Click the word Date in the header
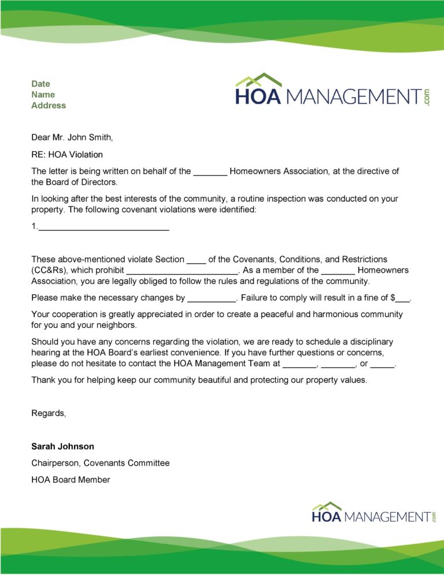40,84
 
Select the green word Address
49,105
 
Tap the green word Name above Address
43,94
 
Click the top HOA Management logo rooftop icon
258,80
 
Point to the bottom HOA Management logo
373,513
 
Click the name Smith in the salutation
99,137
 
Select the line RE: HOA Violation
67,154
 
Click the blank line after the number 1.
103,228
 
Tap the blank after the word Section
197,260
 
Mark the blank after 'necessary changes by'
212,299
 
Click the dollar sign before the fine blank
393,298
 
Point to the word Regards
49,413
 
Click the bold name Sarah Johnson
62,447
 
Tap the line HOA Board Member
71,480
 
